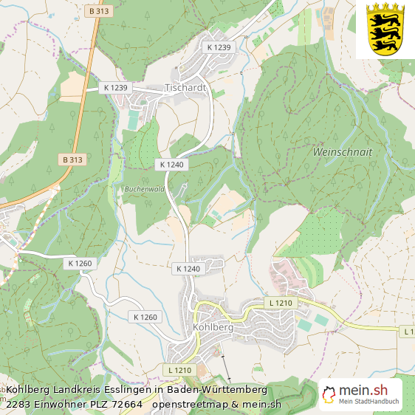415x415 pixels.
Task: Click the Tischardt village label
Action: click(x=185, y=87)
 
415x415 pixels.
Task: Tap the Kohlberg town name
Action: click(x=213, y=326)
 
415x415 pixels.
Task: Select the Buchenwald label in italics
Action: click(x=143, y=189)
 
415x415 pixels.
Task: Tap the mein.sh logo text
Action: click(x=363, y=390)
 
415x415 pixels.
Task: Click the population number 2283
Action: click(x=18, y=404)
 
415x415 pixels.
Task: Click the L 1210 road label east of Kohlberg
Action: click(x=281, y=303)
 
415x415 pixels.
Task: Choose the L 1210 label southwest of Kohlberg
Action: click(x=179, y=369)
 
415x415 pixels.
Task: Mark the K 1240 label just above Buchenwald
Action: click(x=173, y=164)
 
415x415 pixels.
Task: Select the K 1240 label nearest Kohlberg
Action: click(x=188, y=269)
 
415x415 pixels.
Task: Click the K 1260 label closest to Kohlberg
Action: click(x=146, y=317)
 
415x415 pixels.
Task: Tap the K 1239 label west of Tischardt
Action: click(x=116, y=87)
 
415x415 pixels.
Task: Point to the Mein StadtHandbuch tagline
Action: click(x=369, y=402)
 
